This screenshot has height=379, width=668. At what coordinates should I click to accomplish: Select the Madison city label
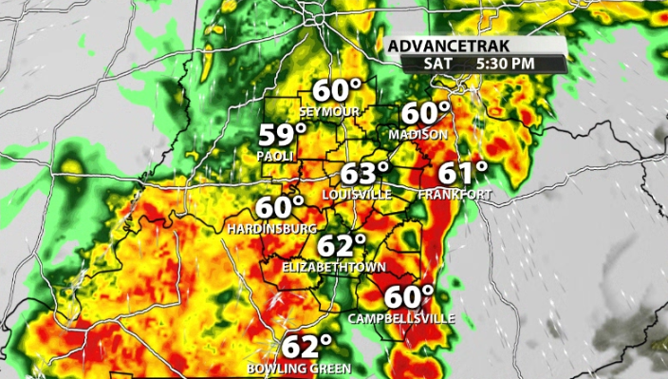click(417, 135)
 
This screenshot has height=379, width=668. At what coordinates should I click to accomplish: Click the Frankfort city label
click(455, 194)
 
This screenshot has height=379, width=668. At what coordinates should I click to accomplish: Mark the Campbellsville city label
click(401, 317)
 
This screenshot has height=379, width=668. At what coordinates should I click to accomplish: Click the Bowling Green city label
click(299, 368)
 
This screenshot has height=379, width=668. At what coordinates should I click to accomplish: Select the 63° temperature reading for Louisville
click(366, 175)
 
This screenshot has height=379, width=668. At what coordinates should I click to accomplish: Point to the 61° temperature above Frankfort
click(462, 173)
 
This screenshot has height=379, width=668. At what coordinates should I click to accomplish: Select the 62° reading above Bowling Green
click(306, 347)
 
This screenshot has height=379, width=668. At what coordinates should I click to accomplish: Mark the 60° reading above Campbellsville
click(409, 296)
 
